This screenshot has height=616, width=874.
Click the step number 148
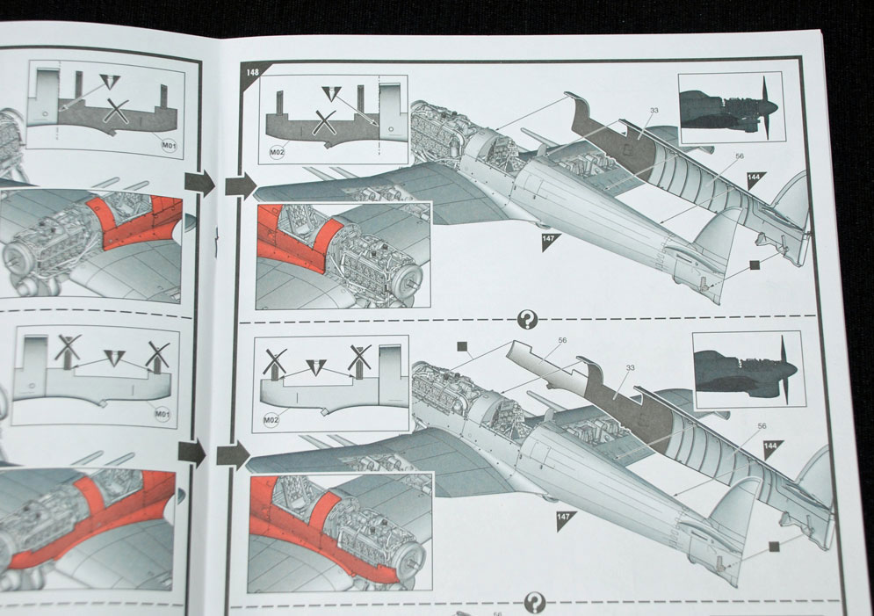coord(252,72)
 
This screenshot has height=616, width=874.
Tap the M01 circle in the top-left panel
coord(169,146)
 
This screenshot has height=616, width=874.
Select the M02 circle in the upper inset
coord(277,152)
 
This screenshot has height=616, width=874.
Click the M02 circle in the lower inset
coord(271,420)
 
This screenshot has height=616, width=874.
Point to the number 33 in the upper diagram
coord(654,111)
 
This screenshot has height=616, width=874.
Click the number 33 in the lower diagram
coord(631,368)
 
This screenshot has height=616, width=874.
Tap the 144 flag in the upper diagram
coord(755,178)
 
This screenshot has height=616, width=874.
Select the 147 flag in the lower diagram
coord(565,518)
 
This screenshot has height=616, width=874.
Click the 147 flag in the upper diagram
coord(550,240)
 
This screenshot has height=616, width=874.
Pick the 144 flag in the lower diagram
coord(772,447)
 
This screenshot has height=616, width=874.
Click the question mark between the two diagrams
coord(527,320)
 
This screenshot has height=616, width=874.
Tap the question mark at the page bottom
coord(535,602)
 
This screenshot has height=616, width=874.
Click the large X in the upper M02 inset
coord(324,122)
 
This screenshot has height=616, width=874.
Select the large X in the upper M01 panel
coord(117,111)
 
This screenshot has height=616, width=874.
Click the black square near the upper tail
coord(755,265)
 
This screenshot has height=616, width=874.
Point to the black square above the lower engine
coord(462,347)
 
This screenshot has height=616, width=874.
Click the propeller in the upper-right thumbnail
coord(769,106)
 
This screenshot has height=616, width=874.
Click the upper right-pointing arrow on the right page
coord(241,185)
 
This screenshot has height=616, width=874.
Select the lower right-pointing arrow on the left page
coord(191,453)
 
